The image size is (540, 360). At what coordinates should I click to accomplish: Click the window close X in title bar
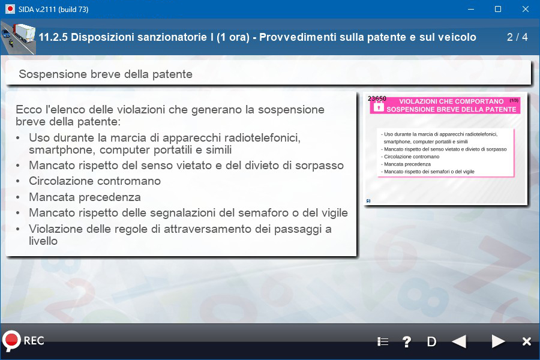click(525, 10)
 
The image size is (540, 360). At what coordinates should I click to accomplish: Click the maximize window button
click(498, 10)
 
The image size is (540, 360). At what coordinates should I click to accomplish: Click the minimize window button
click(471, 10)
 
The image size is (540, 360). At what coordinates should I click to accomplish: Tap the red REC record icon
click(11, 341)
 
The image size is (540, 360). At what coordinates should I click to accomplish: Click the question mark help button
click(407, 342)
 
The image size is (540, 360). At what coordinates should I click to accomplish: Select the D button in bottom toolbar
click(431, 342)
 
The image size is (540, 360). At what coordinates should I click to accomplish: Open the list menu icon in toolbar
click(383, 342)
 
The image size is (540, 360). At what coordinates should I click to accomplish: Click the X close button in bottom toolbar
click(527, 341)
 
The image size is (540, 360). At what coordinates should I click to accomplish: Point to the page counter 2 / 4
click(517, 37)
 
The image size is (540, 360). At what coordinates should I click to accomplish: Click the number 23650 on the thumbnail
click(377, 98)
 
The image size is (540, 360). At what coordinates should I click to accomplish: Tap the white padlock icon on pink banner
click(379, 106)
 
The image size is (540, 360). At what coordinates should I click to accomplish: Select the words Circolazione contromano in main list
click(95, 181)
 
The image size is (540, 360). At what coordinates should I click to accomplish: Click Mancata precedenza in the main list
click(85, 197)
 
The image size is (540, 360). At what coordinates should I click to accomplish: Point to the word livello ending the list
click(43, 241)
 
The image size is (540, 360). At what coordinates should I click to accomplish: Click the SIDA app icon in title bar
click(10, 10)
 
